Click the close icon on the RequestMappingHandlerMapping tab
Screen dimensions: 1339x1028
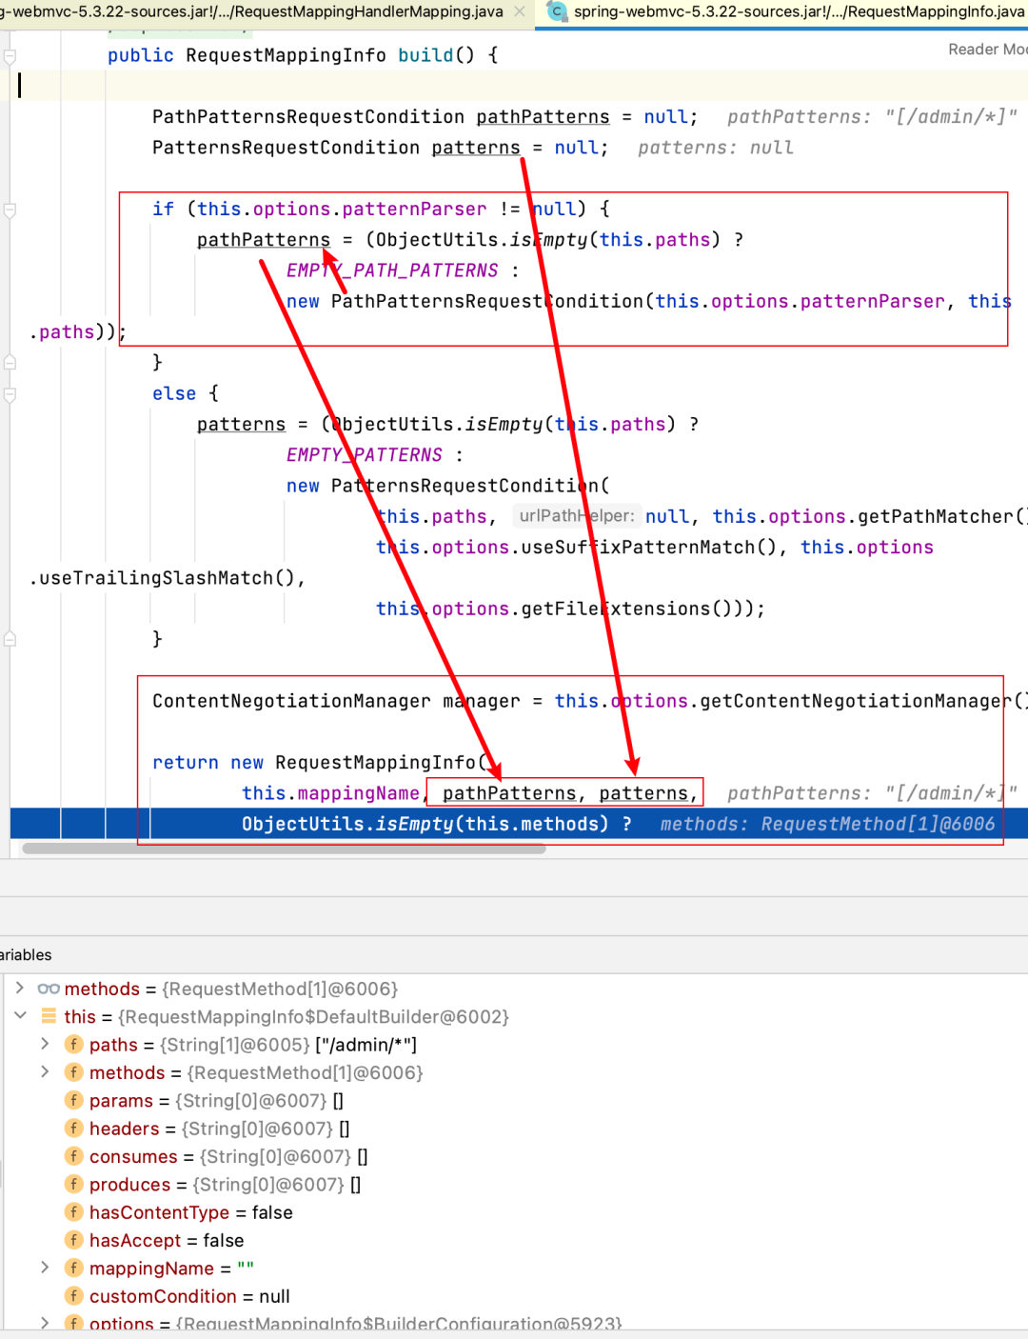(520, 11)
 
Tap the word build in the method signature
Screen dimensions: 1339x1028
(425, 55)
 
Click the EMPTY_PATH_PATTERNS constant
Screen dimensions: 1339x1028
(392, 270)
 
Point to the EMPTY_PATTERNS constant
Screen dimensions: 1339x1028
(365, 455)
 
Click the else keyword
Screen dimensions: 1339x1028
(174, 393)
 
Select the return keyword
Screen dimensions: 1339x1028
(186, 763)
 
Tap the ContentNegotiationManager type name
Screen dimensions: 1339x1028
(291, 701)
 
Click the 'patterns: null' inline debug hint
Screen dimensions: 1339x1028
(715, 148)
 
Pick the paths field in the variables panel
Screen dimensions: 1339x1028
(113, 1045)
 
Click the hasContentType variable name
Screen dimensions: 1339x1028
(159, 1212)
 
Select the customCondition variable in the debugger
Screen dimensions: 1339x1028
(163, 1296)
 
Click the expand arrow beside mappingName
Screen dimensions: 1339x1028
(45, 1268)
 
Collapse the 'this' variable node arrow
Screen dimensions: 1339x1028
(20, 1016)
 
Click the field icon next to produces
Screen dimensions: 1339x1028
(73, 1185)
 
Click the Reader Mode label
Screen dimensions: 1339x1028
(987, 50)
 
